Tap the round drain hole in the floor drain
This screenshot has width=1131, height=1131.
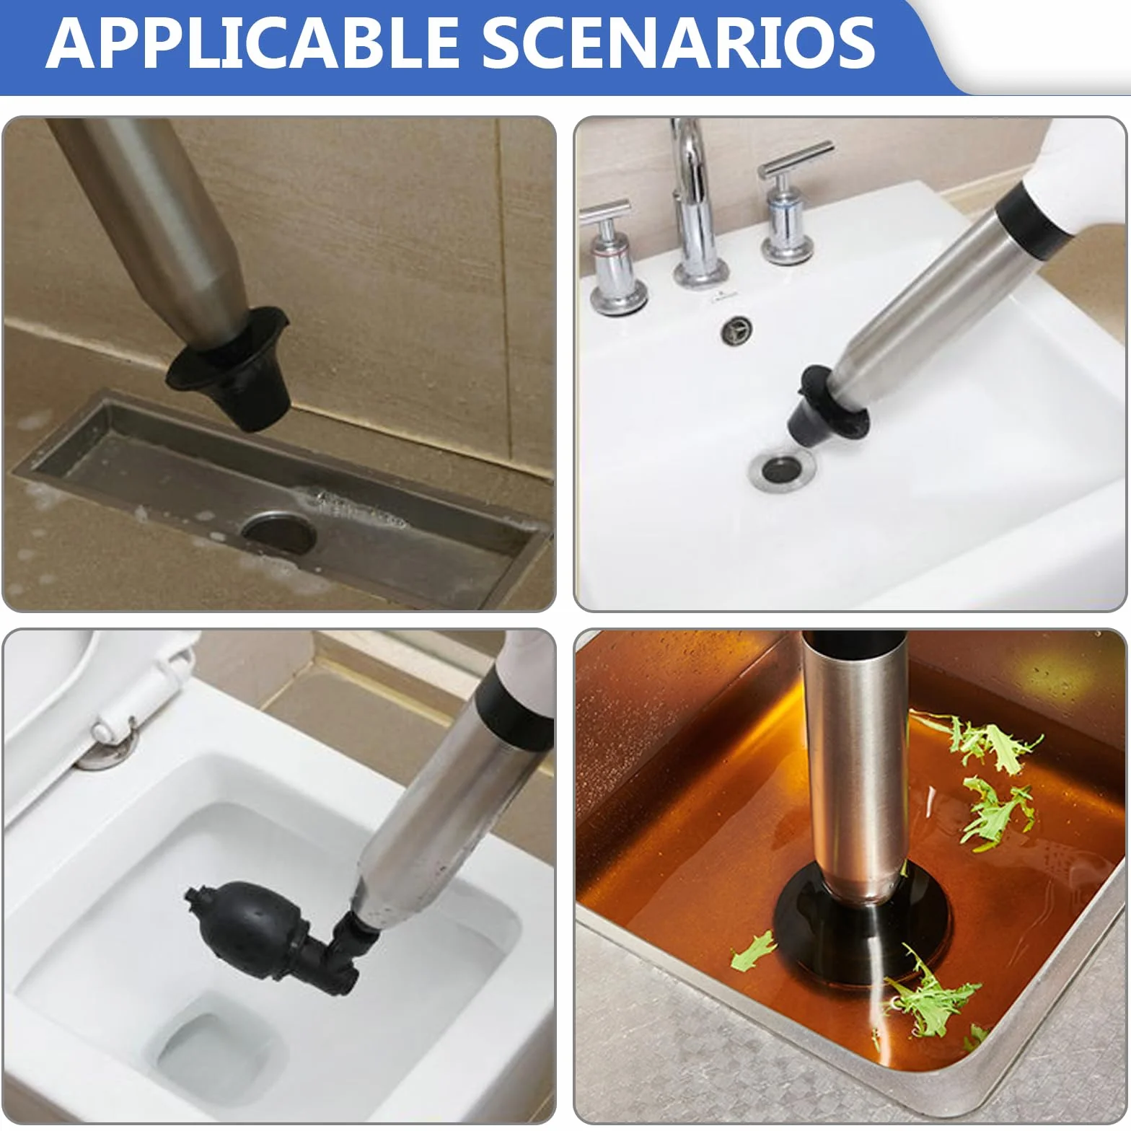(278, 532)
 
